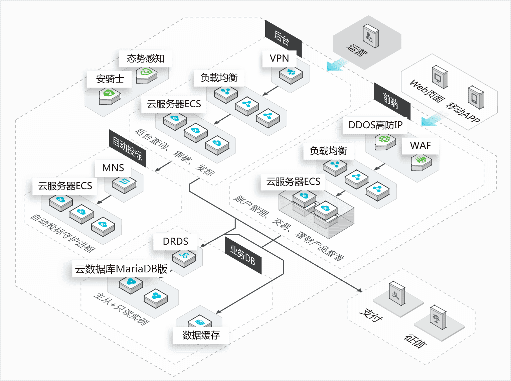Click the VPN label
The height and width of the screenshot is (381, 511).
279,58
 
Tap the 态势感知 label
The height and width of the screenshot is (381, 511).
146,58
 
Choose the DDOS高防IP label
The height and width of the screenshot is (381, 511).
375,125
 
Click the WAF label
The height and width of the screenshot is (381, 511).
420,145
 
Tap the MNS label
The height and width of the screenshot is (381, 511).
113,168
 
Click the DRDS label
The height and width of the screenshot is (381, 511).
175,241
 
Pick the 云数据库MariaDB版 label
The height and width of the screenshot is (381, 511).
121,269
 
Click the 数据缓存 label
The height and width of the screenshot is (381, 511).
201,335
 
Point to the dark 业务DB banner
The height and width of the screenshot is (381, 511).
243,256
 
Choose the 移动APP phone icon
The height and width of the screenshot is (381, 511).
476,97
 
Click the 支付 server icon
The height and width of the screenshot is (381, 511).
397,293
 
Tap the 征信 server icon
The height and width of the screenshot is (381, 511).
438,317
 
